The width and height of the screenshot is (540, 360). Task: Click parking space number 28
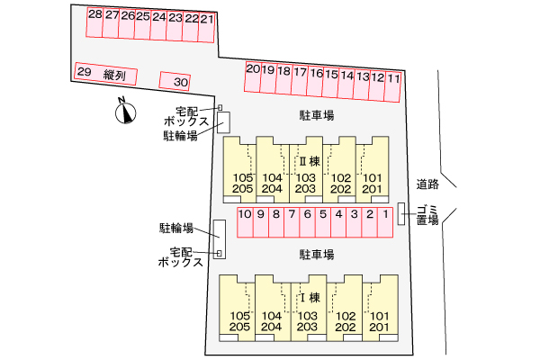94,22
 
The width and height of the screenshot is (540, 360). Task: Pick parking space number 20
253,76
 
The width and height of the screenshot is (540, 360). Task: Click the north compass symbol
126,112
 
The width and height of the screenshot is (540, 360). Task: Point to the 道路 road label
427,184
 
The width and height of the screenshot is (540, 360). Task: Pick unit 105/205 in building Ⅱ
240,183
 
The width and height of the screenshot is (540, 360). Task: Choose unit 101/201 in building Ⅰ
380,320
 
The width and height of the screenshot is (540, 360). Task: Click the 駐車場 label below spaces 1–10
317,255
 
